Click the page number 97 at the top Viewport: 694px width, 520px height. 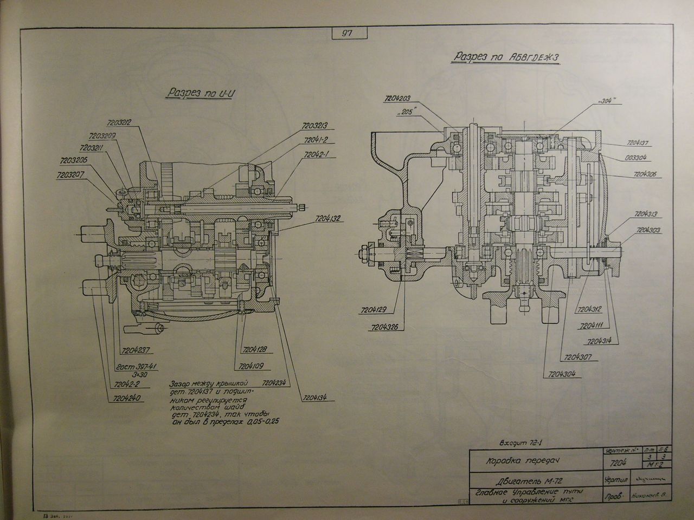pos(347,34)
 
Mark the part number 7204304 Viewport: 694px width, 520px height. pos(558,374)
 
